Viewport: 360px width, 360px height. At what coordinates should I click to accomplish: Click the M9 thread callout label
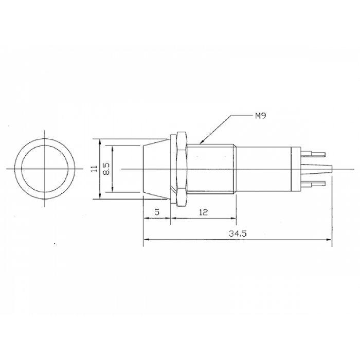coord(261,116)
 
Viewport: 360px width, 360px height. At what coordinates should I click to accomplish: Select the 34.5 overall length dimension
coord(238,233)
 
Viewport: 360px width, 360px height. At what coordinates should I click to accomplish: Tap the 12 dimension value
coord(204,212)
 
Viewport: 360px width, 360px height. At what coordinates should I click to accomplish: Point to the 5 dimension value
coord(157,212)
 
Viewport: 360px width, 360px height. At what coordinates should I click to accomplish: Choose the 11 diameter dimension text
coord(94,169)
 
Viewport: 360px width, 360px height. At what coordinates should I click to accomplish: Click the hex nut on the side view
coord(182,169)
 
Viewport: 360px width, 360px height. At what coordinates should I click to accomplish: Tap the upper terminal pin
coord(313,154)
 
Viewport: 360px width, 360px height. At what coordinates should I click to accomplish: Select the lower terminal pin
coord(313,184)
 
